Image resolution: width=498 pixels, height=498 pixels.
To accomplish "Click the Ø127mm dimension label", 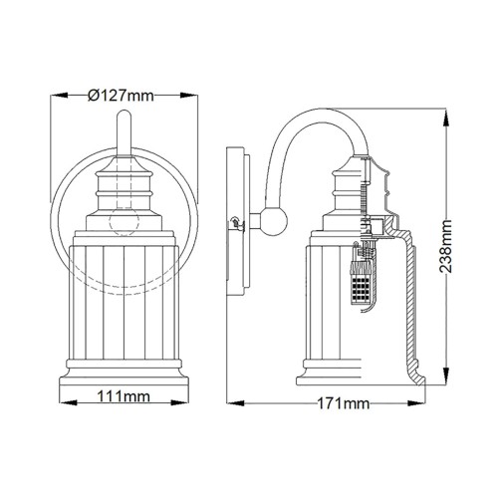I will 121,96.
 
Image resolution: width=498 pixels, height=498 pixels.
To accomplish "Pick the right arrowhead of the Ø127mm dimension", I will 186,96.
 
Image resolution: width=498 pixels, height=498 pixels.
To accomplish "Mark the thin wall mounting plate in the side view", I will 239,224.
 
